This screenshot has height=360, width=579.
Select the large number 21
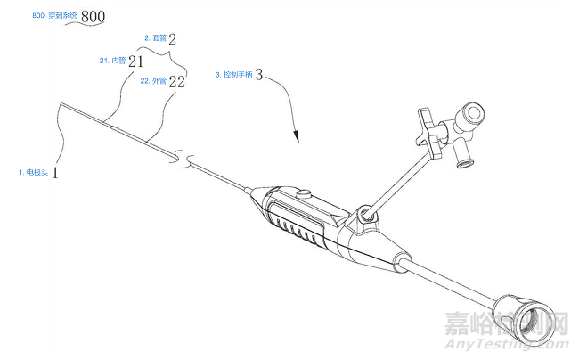(x=135, y=61)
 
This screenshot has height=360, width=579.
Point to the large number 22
(x=175, y=81)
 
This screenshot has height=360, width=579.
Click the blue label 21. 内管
(x=111, y=61)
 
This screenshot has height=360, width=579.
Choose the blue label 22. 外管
(x=153, y=80)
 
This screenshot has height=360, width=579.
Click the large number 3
(x=258, y=76)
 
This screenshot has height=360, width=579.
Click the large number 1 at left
(x=55, y=170)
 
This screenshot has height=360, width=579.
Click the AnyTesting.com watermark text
(x=515, y=342)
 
